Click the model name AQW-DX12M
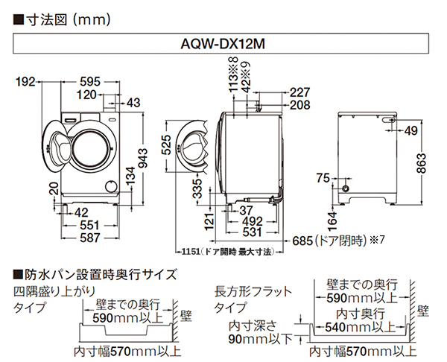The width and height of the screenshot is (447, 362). [x=223, y=44]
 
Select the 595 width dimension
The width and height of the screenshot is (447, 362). [x=91, y=82]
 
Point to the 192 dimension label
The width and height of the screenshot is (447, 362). [x=27, y=82]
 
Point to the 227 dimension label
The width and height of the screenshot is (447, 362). [x=299, y=92]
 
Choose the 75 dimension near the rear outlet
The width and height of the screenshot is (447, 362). [x=323, y=177]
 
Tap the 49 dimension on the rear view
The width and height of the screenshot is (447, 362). [x=410, y=131]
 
